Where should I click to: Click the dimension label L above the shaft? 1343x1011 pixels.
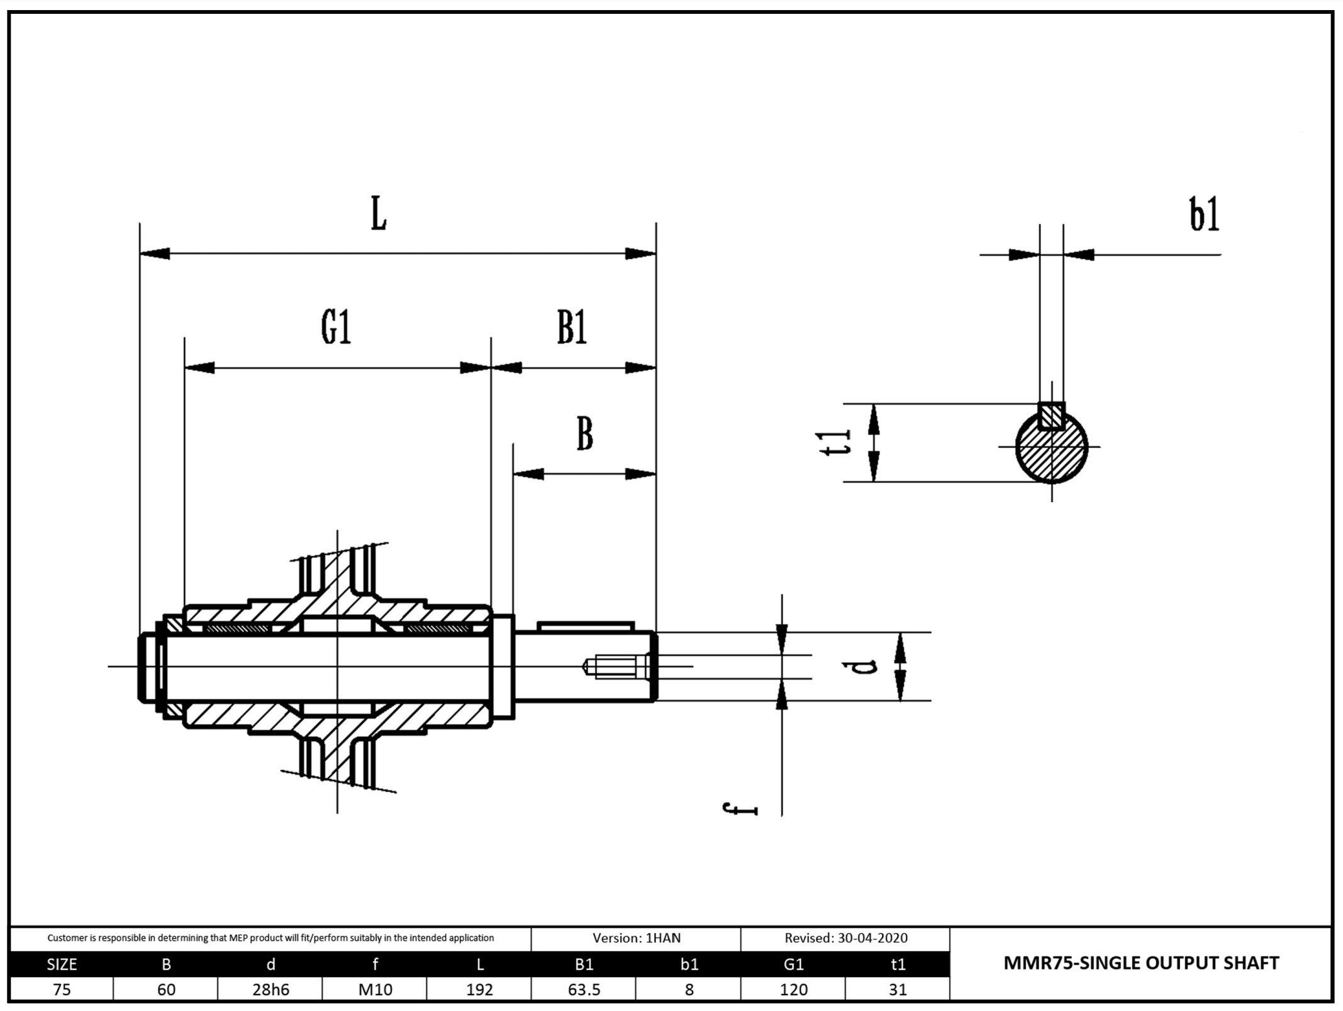point(378,214)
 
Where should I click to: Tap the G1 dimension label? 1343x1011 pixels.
point(336,328)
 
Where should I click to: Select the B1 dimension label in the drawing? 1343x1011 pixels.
point(572,328)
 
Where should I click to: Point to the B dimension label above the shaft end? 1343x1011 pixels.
point(584,434)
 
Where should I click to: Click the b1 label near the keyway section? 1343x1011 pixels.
point(1204,215)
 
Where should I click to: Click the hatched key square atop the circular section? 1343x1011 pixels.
point(1051,416)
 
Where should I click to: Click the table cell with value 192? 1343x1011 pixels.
point(479,990)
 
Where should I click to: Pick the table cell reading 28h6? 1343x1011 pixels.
point(270,990)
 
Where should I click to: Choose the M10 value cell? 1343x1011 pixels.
point(375,990)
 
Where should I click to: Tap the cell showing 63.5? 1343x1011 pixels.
point(584,990)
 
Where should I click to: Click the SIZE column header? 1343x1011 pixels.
point(62,964)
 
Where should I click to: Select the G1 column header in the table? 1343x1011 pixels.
point(793,964)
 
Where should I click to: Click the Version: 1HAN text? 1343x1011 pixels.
point(636,938)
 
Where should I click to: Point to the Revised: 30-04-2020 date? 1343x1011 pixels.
point(845,938)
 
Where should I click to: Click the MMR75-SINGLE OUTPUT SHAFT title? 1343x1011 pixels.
point(1140,963)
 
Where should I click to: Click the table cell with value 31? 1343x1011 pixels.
point(898,990)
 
